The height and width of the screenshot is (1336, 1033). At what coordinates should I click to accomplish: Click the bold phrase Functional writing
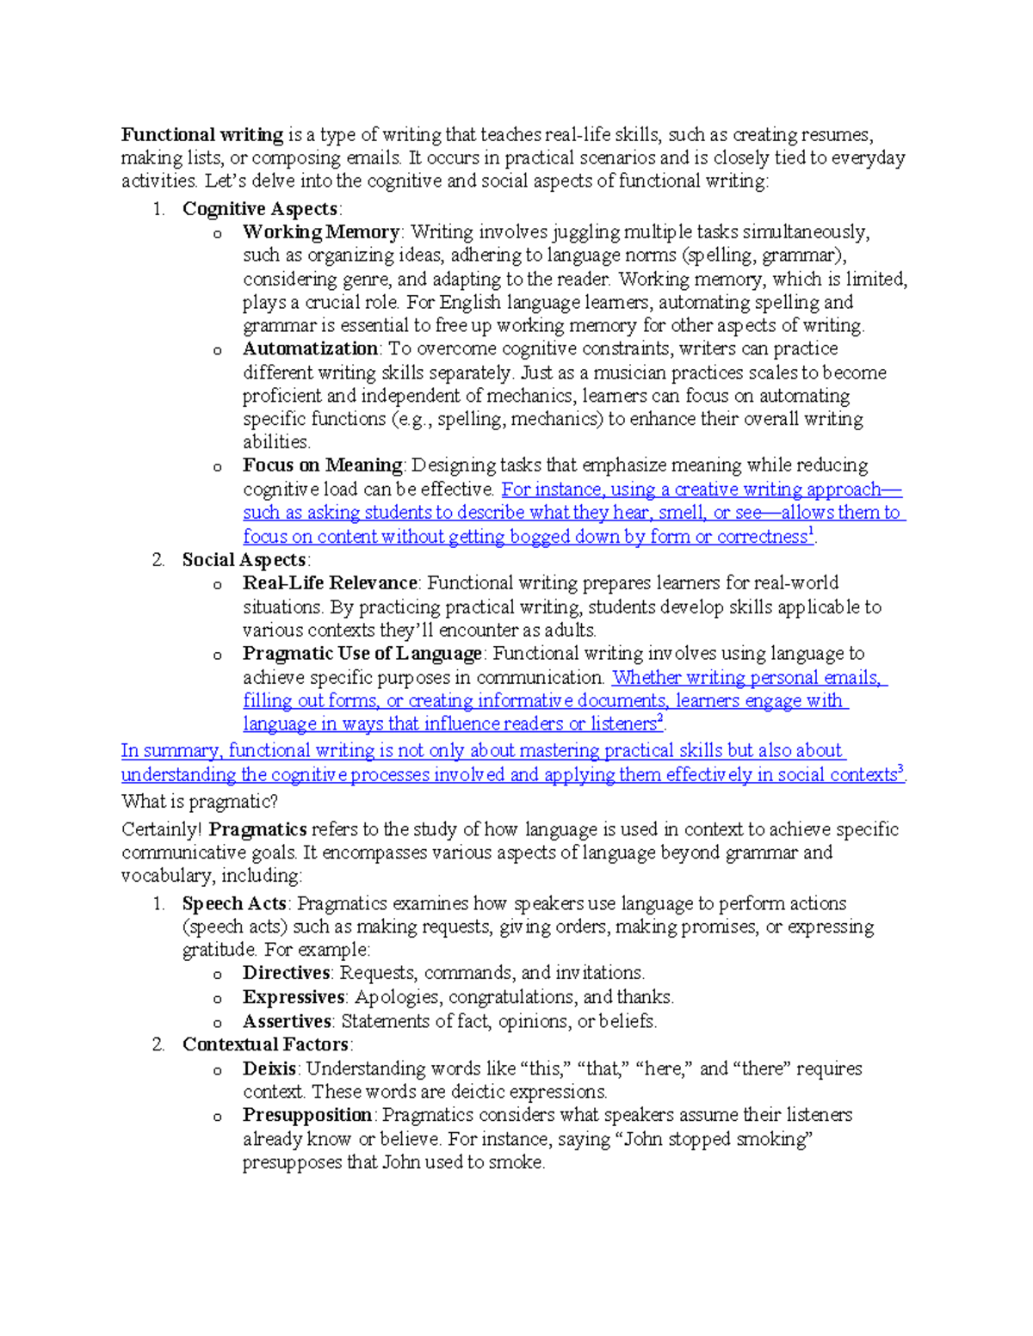coord(202,135)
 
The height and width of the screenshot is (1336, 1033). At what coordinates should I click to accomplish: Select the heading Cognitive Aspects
coord(259,209)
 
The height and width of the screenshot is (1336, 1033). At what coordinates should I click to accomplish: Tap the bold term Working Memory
coord(320,232)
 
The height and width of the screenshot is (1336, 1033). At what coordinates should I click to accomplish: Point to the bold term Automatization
coord(310,349)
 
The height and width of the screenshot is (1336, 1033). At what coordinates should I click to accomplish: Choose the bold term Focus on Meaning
coord(322,465)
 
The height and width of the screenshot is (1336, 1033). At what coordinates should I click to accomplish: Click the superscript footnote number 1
coord(811,533)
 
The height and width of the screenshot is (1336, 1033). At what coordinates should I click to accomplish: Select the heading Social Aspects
coord(244,560)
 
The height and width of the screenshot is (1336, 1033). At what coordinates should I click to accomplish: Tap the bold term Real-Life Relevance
coord(330,583)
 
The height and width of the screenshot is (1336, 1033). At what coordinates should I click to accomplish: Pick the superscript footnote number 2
coord(660,720)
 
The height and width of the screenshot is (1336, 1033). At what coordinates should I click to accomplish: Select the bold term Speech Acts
coord(234,904)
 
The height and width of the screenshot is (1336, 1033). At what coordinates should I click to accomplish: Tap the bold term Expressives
coord(294,997)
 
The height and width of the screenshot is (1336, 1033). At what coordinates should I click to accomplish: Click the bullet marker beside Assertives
coord(217,1024)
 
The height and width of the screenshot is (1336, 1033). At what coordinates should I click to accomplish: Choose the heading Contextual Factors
coord(265,1045)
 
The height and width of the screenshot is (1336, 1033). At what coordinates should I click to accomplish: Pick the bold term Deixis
coord(269,1069)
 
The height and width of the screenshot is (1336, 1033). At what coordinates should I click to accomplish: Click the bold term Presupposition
coord(307,1116)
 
